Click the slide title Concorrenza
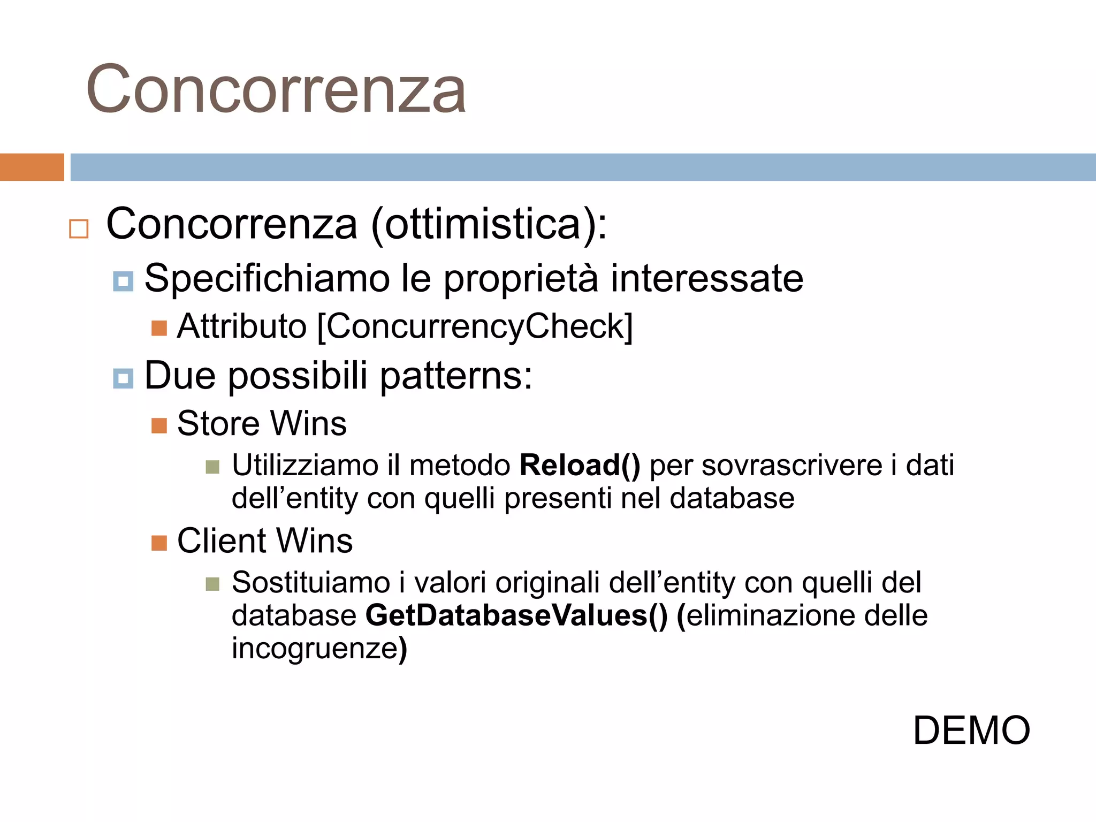[x=276, y=89]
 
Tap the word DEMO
[x=971, y=730]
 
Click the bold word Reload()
[x=580, y=465]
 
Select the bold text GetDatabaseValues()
[x=516, y=615]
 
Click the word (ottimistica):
[x=489, y=224]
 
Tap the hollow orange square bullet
[x=79, y=229]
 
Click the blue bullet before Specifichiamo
[x=123, y=281]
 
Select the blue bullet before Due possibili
[x=123, y=379]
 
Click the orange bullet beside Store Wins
[x=159, y=426]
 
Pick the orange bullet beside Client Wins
[x=159, y=543]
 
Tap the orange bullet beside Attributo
[x=159, y=328]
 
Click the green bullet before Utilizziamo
[x=212, y=467]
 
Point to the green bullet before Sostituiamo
[x=212, y=584]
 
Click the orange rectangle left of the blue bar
[x=32, y=167]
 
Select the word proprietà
[x=520, y=279]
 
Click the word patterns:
[x=456, y=376]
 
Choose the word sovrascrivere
[x=791, y=465]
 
